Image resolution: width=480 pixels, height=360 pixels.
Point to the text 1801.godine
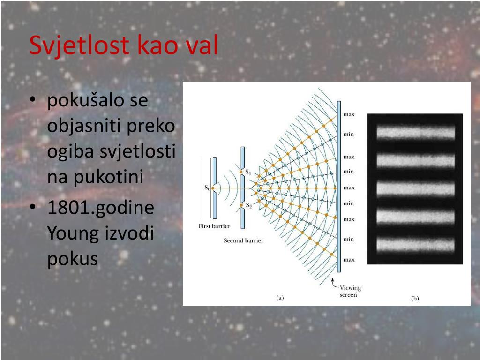pos(101,207)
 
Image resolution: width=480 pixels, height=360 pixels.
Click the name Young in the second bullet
pos(73,233)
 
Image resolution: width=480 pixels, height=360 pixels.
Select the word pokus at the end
pos(73,259)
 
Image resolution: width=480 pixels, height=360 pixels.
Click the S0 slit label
pos(208,187)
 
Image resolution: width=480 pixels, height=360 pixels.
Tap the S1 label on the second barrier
pos(248,172)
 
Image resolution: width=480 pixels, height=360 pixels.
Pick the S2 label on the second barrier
pos(249,206)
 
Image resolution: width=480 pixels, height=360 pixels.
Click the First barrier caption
pos(214,226)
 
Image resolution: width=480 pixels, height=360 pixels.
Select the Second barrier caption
pos(244,240)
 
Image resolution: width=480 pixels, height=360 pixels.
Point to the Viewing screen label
pos(350,291)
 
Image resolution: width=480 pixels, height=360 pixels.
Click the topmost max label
pos(349,114)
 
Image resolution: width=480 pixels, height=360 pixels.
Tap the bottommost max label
pos(349,260)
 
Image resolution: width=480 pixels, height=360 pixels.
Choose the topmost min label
pos(349,134)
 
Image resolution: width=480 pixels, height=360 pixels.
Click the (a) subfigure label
pos(280,298)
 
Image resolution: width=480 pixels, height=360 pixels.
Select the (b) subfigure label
pos(415,299)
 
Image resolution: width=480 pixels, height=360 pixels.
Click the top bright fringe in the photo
pos(416,133)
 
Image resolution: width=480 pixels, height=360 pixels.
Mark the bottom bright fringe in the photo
pos(416,245)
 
